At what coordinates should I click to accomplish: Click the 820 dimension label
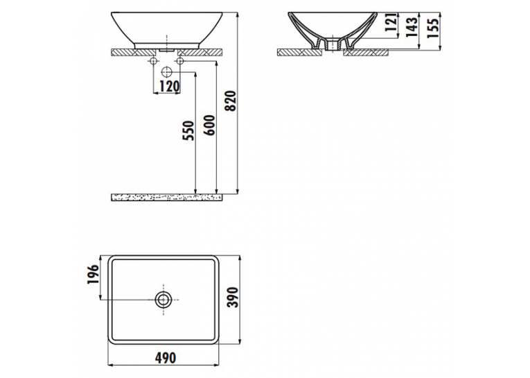click(231, 101)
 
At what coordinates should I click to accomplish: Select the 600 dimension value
click(210, 126)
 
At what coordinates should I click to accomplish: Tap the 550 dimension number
click(189, 130)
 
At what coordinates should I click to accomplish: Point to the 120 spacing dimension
click(169, 87)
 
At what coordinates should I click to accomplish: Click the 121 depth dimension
click(391, 22)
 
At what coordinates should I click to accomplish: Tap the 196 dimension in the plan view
click(93, 274)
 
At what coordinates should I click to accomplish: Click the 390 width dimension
click(233, 298)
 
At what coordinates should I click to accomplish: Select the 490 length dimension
click(166, 358)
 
